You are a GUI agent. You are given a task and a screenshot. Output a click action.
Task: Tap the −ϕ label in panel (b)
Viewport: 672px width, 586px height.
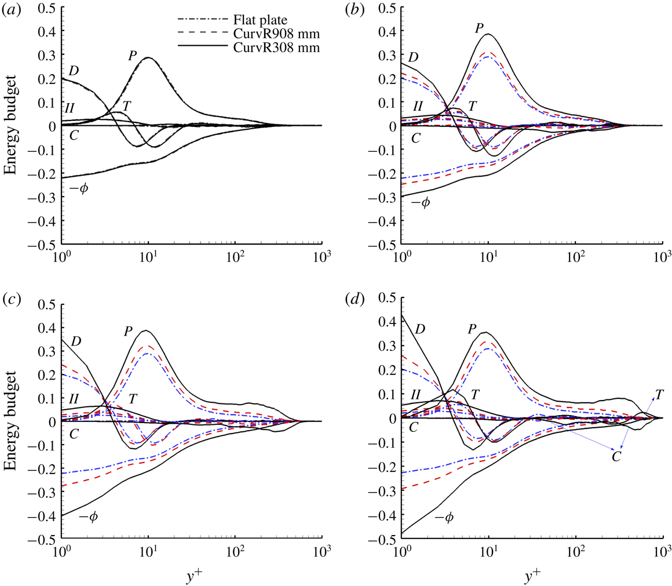click(421, 202)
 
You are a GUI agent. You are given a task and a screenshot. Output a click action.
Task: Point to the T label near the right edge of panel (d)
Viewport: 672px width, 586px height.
click(659, 395)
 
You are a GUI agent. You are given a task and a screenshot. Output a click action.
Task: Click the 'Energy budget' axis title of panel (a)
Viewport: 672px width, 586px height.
click(10, 125)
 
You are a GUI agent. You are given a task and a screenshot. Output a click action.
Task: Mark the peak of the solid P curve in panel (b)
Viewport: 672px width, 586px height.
click(488, 34)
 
